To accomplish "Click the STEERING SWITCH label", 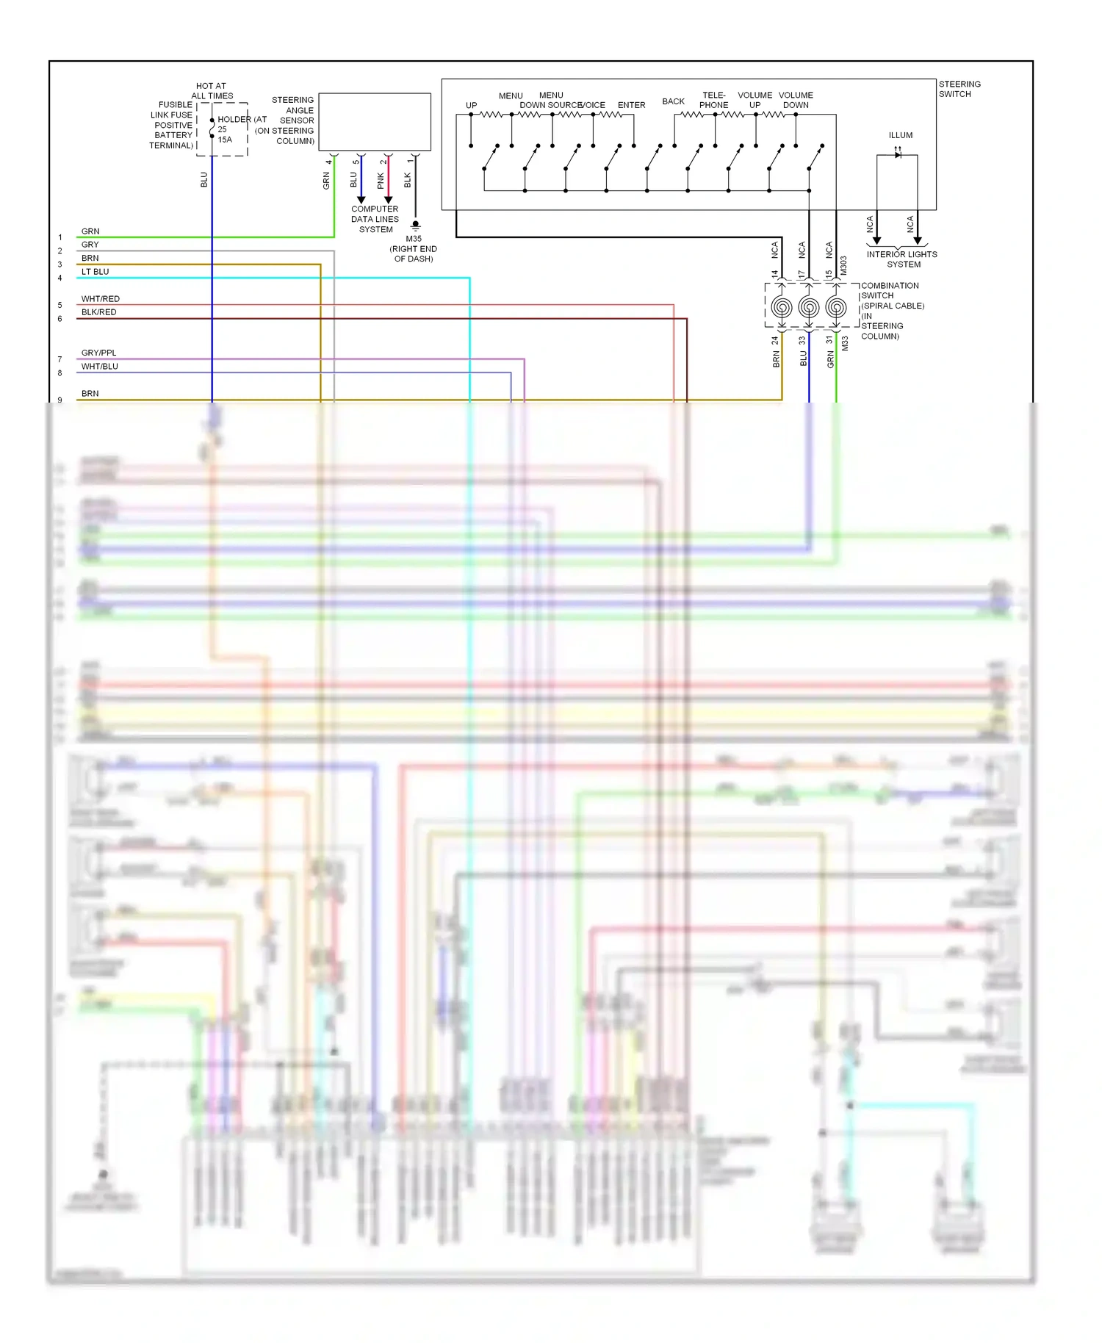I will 959,89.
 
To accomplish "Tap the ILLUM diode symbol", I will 897,154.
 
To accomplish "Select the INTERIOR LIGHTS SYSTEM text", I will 901,259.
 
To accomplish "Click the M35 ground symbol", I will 415,225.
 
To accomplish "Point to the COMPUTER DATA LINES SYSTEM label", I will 375,219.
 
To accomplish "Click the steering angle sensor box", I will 375,122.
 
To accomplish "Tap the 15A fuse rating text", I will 225,140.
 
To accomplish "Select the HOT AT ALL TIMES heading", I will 212,90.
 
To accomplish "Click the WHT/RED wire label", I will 101,299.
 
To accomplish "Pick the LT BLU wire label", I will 96,272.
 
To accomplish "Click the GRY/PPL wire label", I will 99,353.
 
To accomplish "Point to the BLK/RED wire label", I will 99,312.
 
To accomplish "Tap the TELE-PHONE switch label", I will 713,100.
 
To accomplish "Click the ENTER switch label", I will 631,105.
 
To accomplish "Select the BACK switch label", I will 673,101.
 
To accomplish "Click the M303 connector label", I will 843,265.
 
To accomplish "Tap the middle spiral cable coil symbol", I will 809,307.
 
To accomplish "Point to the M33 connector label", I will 845,343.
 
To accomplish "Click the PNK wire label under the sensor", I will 381,180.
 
